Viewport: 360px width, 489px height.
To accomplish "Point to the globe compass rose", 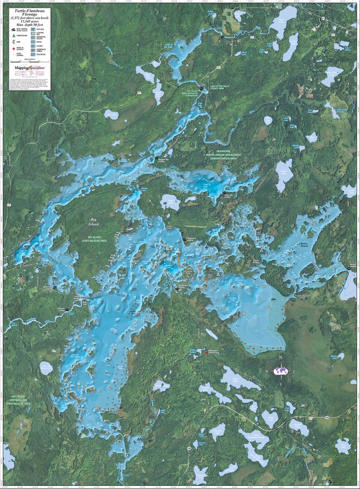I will pos(281,372).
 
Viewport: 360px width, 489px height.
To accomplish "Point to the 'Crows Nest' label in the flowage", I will pos(132,312).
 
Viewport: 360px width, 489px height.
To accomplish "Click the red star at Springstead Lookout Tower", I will pos(206,352).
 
